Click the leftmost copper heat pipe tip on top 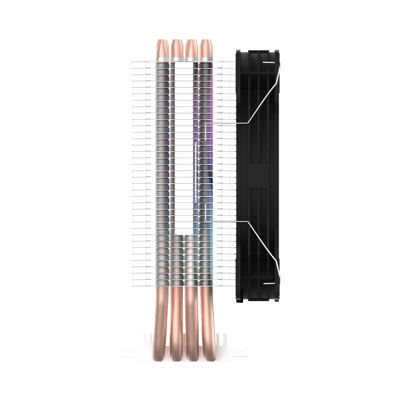click(162, 48)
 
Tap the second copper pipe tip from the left click(176, 48)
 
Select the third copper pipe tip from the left click(191, 48)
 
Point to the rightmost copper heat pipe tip click(206, 48)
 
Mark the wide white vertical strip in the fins click(184, 148)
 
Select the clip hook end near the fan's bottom click(268, 284)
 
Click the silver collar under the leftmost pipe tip click(162, 59)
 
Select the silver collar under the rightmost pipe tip click(206, 59)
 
